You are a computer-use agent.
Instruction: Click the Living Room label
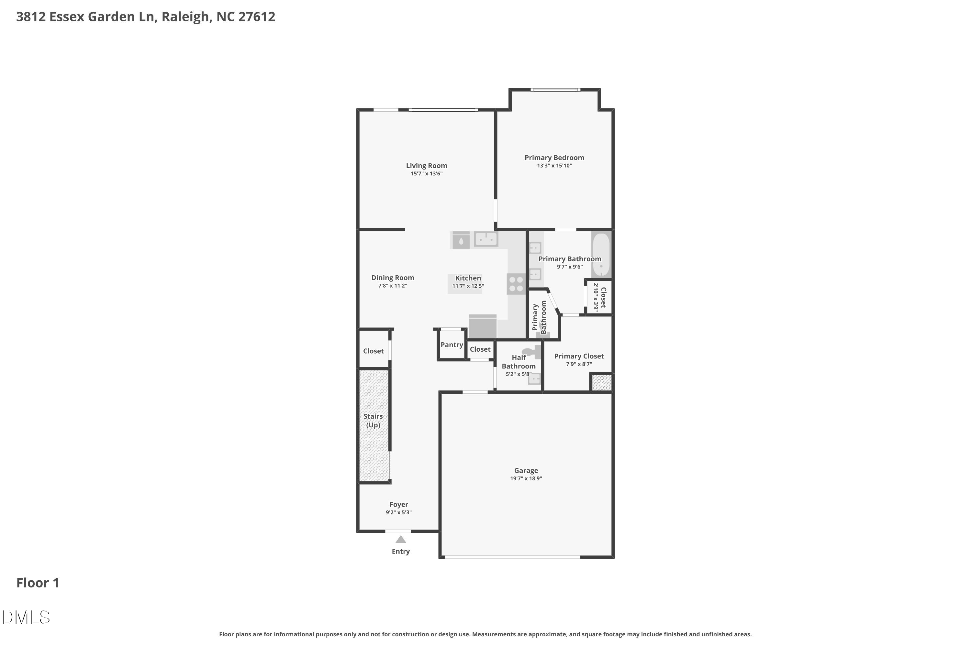click(x=427, y=165)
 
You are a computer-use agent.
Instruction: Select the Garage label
click(x=526, y=470)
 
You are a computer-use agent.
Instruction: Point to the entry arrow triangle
click(x=400, y=540)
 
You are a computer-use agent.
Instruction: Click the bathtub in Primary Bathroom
click(x=601, y=255)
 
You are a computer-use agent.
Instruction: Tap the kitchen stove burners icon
click(x=516, y=284)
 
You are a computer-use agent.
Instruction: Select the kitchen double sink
click(x=486, y=239)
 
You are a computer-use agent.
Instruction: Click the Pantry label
click(x=451, y=345)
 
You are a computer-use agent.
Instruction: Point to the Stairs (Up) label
click(x=373, y=421)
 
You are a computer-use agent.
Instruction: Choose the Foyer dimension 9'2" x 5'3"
click(x=398, y=512)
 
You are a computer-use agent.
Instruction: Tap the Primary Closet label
click(x=579, y=356)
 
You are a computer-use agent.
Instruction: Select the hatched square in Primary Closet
click(x=601, y=382)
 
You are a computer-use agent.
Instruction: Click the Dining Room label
click(x=392, y=278)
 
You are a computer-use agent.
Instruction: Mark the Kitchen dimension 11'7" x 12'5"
click(x=468, y=286)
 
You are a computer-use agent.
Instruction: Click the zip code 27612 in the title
click(x=256, y=16)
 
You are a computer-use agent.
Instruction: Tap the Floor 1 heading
click(x=38, y=583)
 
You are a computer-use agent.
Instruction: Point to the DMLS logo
click(x=26, y=617)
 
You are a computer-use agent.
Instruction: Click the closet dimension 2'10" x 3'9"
click(x=596, y=297)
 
